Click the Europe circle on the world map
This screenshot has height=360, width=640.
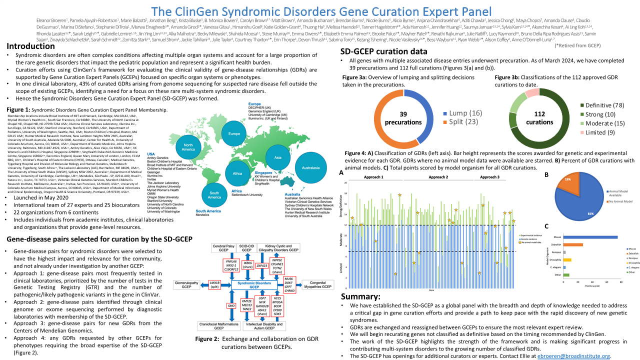234,134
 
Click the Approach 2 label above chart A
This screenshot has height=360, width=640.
438,177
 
